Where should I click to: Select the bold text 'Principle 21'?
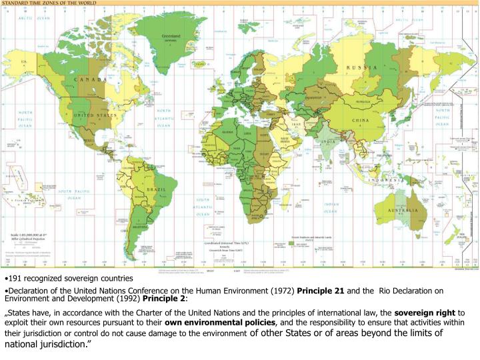tap(320, 291)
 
